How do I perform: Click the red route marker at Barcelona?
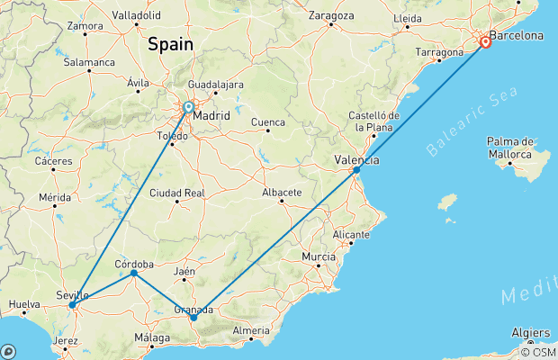[486, 41]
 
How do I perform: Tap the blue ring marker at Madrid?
[189, 107]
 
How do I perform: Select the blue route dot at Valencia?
[357, 169]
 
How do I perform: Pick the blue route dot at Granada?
[193, 317]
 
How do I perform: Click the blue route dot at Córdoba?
[133, 273]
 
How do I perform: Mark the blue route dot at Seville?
[72, 305]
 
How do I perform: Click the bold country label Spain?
[171, 42]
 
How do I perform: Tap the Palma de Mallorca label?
[511, 147]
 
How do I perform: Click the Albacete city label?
[280, 193]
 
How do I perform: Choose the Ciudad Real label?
[176, 193]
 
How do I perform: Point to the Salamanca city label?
[88, 62]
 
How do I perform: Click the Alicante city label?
[350, 234]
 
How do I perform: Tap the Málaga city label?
[150, 337]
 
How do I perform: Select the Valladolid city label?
[136, 15]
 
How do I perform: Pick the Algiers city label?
[531, 332]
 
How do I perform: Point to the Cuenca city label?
[267, 121]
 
